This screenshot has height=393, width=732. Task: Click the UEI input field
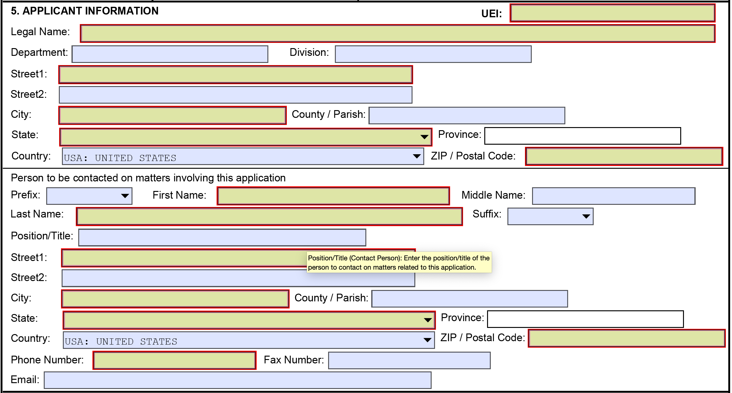(612, 13)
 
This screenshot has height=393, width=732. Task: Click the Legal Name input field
(397, 34)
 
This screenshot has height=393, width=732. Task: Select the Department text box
(170, 54)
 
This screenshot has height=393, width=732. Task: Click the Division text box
(433, 54)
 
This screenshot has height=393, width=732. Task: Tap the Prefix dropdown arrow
(125, 196)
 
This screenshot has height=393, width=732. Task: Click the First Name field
(333, 196)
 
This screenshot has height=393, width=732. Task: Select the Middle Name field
(613, 196)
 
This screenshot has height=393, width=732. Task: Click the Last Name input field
(269, 217)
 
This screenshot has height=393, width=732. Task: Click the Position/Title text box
(222, 238)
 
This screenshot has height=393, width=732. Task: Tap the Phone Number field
(174, 360)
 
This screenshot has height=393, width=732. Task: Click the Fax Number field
(409, 360)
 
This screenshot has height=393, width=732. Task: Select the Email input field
(237, 380)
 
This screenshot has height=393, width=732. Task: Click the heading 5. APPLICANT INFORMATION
(84, 11)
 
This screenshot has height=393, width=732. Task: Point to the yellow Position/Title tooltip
(399, 263)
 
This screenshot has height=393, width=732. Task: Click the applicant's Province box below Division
(582, 136)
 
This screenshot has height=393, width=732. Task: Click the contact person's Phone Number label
(47, 360)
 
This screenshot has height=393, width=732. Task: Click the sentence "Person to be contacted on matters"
(148, 178)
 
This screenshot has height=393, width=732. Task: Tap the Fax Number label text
(294, 360)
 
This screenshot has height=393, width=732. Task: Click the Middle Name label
(493, 195)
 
